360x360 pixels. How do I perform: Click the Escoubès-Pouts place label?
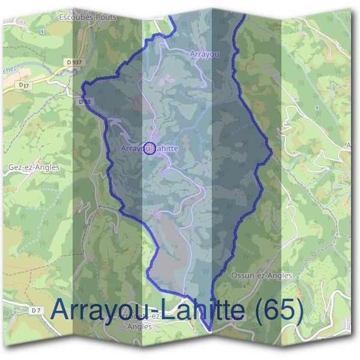pos(88,17)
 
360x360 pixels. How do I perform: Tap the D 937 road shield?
pos(75,62)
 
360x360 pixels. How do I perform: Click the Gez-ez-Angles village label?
pos(35,167)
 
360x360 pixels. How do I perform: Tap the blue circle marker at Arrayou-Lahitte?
pos(150,148)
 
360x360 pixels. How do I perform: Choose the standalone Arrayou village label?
pos(204,54)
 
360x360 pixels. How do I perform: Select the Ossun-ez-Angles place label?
pos(261,275)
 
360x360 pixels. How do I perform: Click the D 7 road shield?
pos(36,310)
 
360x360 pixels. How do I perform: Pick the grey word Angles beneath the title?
pos(140,327)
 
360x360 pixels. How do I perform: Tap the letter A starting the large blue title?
pos(61,310)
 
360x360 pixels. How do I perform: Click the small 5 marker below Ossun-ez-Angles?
pos(244,286)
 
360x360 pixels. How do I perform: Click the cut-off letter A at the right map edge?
pos(349,146)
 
